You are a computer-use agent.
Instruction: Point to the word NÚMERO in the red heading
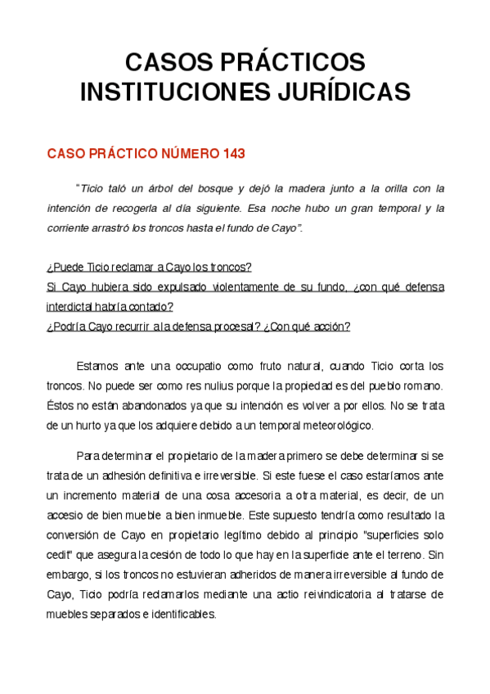(x=182, y=154)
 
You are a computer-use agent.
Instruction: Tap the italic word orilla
(x=375, y=189)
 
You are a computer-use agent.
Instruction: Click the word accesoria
(x=284, y=495)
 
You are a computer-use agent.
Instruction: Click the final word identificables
(x=178, y=614)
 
